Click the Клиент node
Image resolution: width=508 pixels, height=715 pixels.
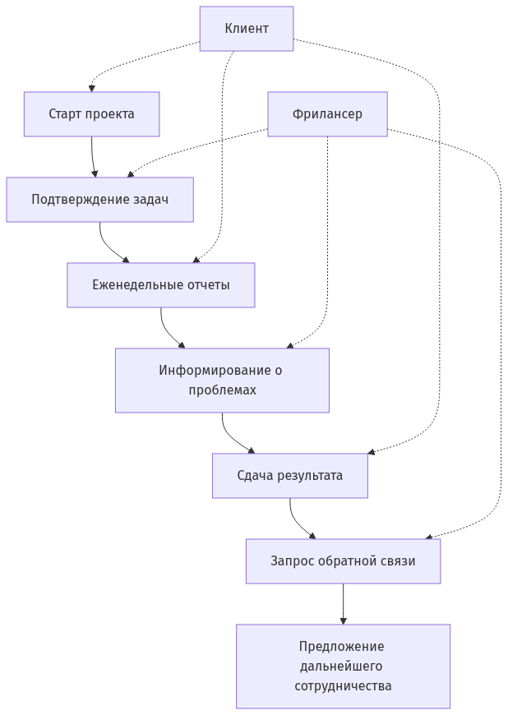[x=247, y=29]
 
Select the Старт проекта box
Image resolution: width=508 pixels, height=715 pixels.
[x=91, y=114]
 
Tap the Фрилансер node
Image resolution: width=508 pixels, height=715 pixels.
[x=327, y=114]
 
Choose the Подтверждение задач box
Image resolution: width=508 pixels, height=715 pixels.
[x=100, y=200]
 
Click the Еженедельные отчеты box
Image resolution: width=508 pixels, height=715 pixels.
[x=161, y=285]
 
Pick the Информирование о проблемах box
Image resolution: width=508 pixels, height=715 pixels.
[x=222, y=380]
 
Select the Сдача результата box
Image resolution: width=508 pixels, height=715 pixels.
[x=290, y=476]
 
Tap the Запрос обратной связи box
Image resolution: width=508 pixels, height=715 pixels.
[x=343, y=561]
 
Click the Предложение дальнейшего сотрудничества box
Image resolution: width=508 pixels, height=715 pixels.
[x=343, y=666]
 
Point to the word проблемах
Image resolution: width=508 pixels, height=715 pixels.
[x=222, y=390]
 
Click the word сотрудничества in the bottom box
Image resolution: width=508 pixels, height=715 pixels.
[x=343, y=685]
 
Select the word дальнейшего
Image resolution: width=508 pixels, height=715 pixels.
[x=341, y=666]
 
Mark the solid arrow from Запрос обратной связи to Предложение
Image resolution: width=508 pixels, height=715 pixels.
[x=343, y=604]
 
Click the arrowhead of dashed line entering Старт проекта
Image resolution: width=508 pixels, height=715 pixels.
[x=92, y=87]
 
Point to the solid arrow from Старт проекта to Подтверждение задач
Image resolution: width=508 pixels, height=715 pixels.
[x=93, y=156]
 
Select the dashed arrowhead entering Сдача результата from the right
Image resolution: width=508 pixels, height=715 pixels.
[x=372, y=451]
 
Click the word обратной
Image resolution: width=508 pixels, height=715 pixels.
[x=348, y=561]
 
